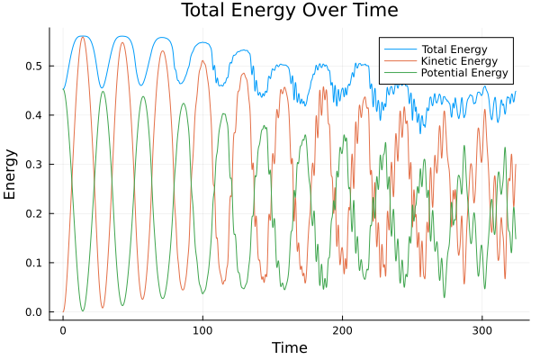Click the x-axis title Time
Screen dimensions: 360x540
(x=289, y=347)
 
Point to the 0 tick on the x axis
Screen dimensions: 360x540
(x=63, y=329)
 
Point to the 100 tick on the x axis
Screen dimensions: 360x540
(x=202, y=329)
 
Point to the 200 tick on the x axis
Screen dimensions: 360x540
(x=342, y=329)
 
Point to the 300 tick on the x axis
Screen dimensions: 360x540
(x=481, y=329)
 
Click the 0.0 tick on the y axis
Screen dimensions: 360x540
(x=34, y=312)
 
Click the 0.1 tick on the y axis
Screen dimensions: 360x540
(x=34, y=263)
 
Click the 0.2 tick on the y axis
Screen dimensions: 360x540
(x=34, y=213)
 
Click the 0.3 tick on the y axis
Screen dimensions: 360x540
(x=34, y=165)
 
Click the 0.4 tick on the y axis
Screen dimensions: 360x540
(x=34, y=115)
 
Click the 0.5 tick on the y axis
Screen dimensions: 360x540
(x=34, y=66)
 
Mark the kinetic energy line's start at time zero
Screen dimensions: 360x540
(x=63, y=312)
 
